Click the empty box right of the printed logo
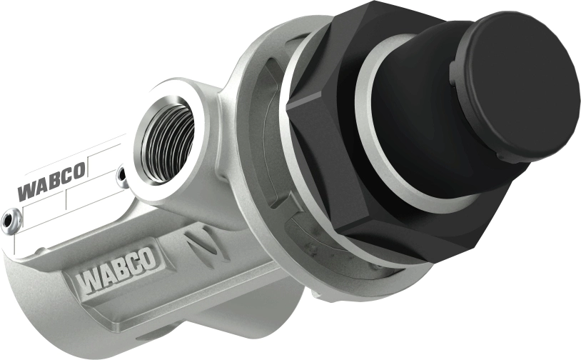104,161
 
